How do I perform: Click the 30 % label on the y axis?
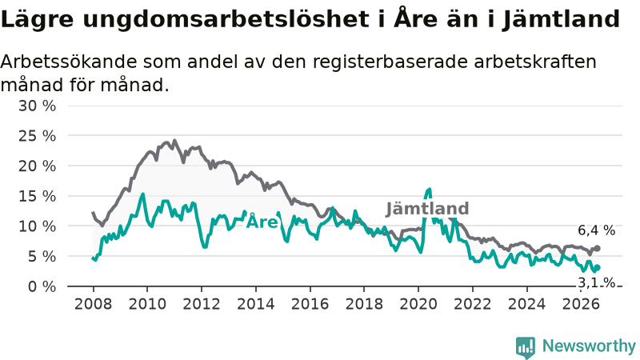point(37,106)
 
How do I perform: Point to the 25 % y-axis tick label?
point(37,136)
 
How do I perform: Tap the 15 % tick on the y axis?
point(37,196)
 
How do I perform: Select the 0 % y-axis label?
point(42,286)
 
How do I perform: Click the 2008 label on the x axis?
point(93,304)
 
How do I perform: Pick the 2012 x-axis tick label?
point(202,304)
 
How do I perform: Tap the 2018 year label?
point(364,304)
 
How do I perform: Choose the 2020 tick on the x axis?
point(418,304)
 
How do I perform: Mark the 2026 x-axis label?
point(581,304)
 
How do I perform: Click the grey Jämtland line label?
point(427,209)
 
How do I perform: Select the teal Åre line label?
point(262,222)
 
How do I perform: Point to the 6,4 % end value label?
point(596,230)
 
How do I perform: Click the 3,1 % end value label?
point(596,282)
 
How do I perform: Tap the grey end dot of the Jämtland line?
point(597,248)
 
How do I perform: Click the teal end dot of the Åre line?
point(598,268)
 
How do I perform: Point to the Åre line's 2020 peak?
point(429,190)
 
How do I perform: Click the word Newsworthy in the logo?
point(589,346)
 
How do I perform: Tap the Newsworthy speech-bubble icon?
point(526,347)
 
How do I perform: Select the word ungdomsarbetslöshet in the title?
point(229,19)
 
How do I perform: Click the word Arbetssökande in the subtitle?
point(69,62)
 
